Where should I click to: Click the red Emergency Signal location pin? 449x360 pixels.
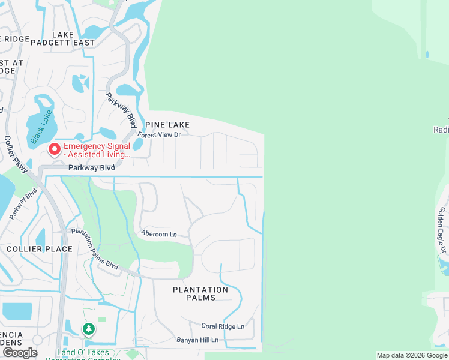(x=55, y=148)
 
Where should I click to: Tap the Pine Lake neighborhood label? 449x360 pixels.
(x=166, y=125)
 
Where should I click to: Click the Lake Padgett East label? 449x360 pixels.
(x=74, y=39)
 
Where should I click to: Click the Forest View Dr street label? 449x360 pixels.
(x=159, y=135)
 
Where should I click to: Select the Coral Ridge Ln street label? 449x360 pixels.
(x=223, y=327)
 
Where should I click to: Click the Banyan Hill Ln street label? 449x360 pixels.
(x=197, y=340)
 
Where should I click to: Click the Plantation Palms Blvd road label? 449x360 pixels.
(x=95, y=248)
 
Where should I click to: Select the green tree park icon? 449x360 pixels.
(x=89, y=329)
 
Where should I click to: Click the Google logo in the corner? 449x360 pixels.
(x=20, y=353)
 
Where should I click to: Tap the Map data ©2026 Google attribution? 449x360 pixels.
(x=412, y=355)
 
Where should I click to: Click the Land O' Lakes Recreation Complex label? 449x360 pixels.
(x=88, y=354)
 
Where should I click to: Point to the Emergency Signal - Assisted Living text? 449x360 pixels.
(x=97, y=150)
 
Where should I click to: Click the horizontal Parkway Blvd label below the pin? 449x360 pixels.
(x=91, y=169)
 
